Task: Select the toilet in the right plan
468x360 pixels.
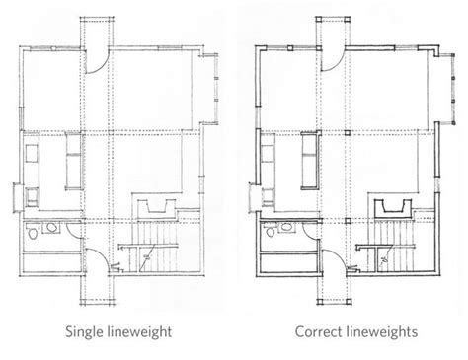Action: tap(272, 236)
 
